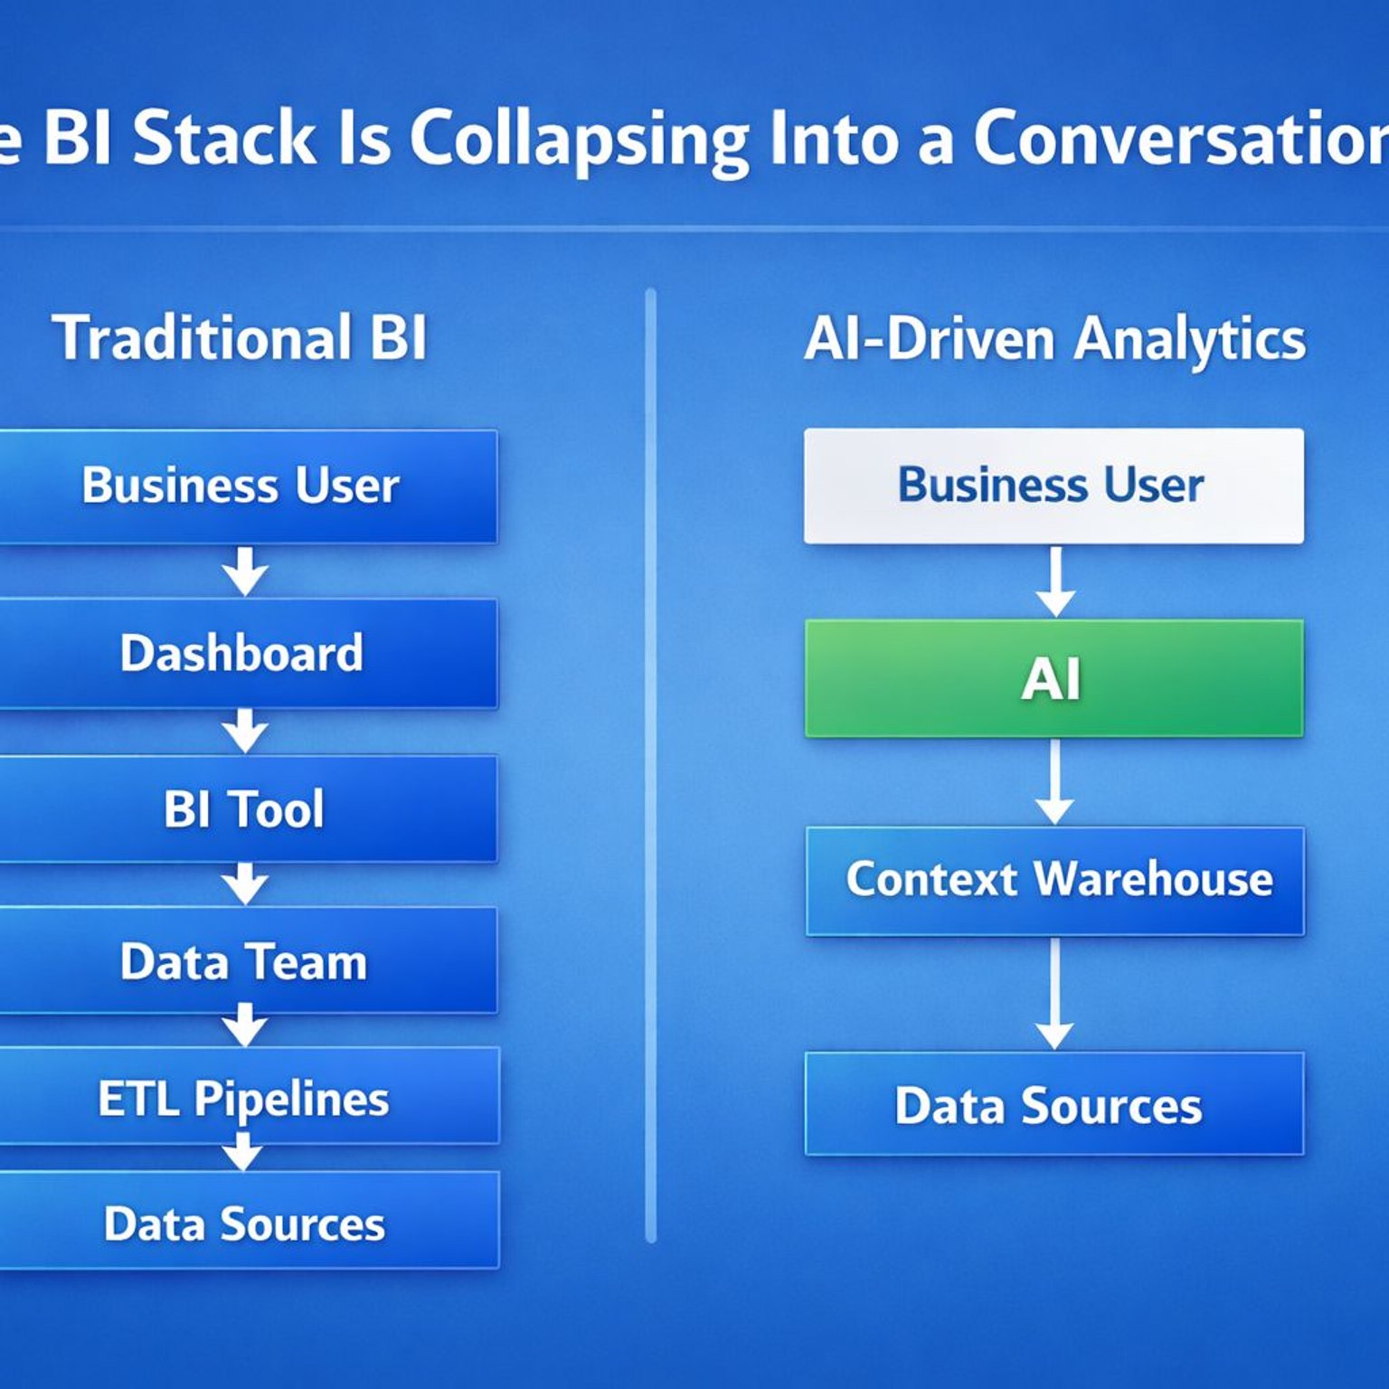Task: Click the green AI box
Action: coord(1054,678)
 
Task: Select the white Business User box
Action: coord(1054,486)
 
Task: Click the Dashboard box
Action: coord(244,653)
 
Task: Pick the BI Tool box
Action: coord(244,808)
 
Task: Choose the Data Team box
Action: coord(244,960)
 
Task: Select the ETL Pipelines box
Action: coord(244,1098)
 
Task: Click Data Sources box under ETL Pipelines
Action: coord(244,1223)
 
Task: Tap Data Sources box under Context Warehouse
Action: coord(1054,1104)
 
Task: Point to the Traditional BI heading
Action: coord(240,337)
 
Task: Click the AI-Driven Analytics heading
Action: coord(1054,339)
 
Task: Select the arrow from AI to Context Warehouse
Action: coord(1054,782)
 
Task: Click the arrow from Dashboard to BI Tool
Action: coord(244,731)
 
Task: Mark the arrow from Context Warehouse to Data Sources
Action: coord(1054,995)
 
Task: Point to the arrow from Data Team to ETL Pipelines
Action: coord(244,1025)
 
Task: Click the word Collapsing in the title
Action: coord(579,140)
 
